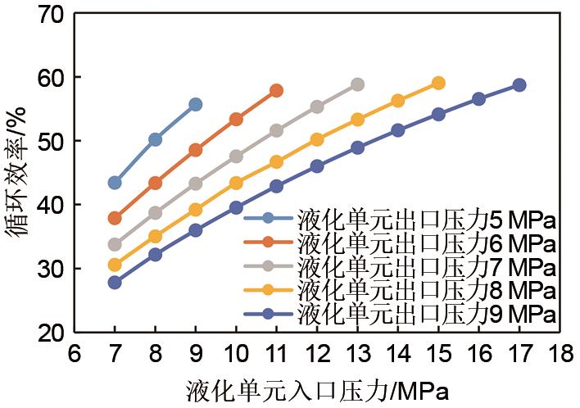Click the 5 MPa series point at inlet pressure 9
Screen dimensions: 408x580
[195, 104]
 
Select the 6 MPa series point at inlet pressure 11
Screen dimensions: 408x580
[276, 90]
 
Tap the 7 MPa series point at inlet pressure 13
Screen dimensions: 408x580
[357, 84]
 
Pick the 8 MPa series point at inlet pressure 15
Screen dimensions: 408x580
[438, 83]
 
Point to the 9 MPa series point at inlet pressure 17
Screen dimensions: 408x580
[519, 84]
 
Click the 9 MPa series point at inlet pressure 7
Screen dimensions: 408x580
[115, 282]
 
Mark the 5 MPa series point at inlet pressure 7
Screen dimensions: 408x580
[115, 183]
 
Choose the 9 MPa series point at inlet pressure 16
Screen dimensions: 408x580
[479, 99]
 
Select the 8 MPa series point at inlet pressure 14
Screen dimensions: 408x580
[398, 101]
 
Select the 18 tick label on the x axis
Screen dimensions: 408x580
[560, 354]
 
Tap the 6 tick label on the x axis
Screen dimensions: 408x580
[74, 354]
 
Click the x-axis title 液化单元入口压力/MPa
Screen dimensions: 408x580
[317, 388]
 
